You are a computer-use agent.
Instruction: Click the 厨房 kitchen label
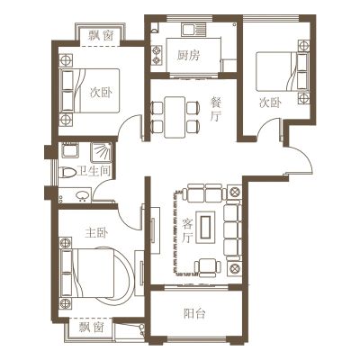coord(188,56)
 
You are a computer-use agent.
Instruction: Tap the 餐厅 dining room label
coord(215,110)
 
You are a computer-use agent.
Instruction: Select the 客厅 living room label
coord(188,230)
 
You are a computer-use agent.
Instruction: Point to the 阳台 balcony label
coord(194,314)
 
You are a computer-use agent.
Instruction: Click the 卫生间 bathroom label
coord(94,171)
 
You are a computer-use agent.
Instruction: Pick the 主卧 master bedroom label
coord(96,233)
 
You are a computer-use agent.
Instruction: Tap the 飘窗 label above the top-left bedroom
coord(101,36)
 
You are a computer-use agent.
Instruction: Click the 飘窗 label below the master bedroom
coord(92,327)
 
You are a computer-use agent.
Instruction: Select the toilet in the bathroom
coord(68,173)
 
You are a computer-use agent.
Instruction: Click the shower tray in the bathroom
coord(102,151)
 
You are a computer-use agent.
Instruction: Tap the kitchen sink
coord(194,30)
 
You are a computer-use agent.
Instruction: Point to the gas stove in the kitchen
coord(157,55)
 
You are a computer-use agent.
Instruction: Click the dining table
coord(175,117)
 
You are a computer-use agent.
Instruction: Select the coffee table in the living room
coord(206,227)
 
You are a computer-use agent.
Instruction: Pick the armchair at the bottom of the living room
coord(208,267)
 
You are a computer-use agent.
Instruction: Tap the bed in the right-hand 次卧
coord(282,71)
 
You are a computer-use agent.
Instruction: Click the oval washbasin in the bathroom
coord(82,195)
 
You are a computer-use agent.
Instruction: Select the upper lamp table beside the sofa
coord(234,191)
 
